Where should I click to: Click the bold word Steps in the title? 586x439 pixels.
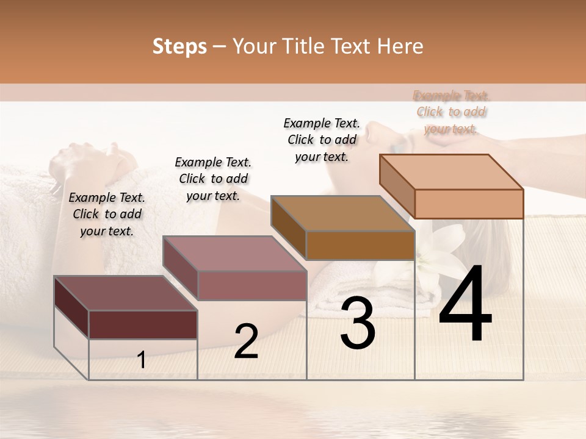(x=179, y=46)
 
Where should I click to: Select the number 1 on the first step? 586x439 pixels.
(x=142, y=360)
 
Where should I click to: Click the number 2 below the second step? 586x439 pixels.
(x=246, y=341)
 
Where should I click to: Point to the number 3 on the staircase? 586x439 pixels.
(x=358, y=323)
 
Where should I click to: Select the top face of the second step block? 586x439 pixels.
(x=234, y=253)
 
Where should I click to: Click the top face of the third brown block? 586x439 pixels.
(x=342, y=213)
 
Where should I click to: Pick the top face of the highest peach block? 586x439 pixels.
(x=451, y=171)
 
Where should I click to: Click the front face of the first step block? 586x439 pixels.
(x=143, y=324)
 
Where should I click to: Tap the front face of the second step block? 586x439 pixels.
(x=251, y=285)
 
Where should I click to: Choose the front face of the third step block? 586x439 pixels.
(x=360, y=245)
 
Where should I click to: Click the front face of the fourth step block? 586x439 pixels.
(x=469, y=204)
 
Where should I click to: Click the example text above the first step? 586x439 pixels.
(x=107, y=214)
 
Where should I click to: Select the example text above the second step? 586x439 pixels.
(x=213, y=179)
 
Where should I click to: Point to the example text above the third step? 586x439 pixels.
(x=322, y=140)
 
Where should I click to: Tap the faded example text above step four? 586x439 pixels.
(x=451, y=112)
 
